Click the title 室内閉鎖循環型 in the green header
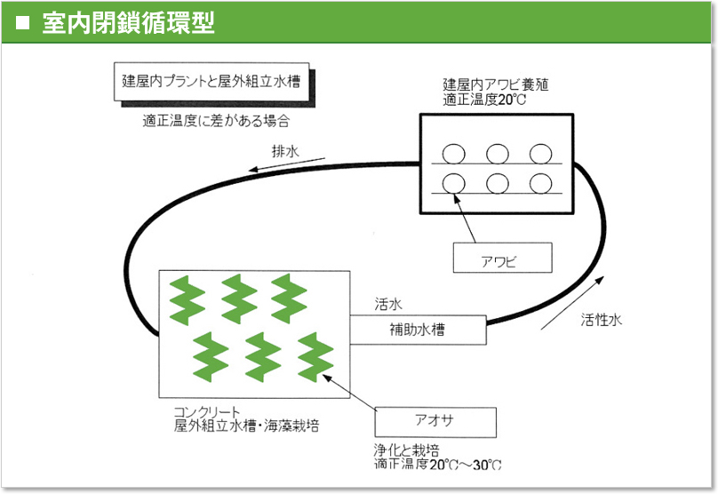point(128,22)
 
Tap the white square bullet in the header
point(22,23)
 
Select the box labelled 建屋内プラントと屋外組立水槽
point(211,82)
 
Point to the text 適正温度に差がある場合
point(216,121)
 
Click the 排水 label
point(285,151)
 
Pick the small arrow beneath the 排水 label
point(287,164)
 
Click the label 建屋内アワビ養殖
point(496,84)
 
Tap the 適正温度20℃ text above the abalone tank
point(484,99)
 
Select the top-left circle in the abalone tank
point(454,154)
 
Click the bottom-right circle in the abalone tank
point(541,184)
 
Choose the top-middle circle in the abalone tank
point(498,154)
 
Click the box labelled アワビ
point(502,258)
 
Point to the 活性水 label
point(602,320)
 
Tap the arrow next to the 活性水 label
point(572,303)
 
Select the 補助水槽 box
point(418,330)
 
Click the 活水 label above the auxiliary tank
point(388,304)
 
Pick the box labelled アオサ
point(435,422)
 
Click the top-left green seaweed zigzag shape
point(187,300)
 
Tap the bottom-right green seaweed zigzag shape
point(315,357)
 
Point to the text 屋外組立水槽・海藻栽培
point(246,426)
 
